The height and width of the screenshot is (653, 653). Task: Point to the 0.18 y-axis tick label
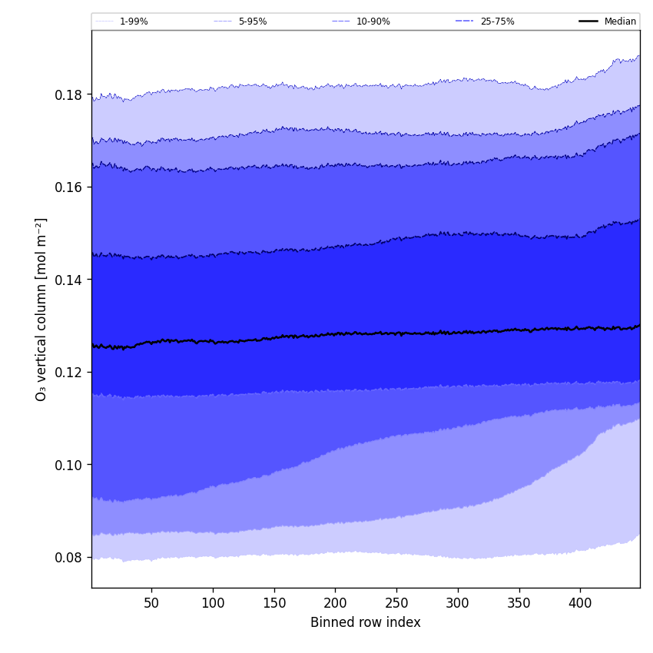[69, 94]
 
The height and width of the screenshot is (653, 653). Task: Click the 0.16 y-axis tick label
[69, 187]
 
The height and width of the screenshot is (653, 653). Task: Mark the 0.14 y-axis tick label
[69, 280]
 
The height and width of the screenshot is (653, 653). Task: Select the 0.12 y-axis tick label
[69, 372]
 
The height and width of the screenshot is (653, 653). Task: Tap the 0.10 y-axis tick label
[69, 465]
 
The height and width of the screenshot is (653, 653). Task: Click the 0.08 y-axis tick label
[69, 557]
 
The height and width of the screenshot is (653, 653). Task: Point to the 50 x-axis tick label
[151, 603]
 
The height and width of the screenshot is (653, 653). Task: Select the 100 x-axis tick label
[213, 603]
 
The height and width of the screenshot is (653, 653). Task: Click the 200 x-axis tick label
[335, 603]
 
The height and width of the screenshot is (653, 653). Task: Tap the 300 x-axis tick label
[458, 603]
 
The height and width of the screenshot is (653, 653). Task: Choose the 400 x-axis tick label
[580, 603]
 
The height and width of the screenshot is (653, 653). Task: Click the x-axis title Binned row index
[366, 623]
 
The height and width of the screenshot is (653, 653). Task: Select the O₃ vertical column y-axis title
[41, 309]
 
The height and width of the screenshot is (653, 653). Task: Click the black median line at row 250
[396, 333]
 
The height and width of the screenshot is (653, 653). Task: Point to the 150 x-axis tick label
[274, 603]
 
